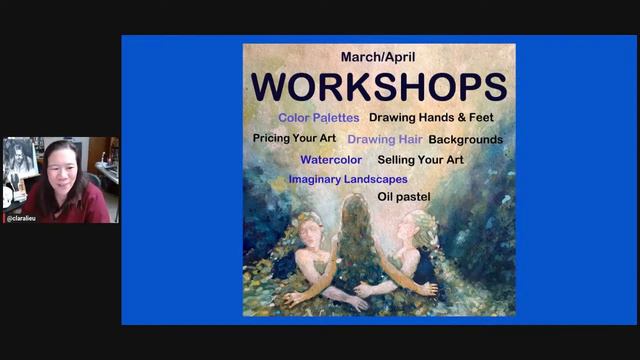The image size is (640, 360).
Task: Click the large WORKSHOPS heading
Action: pos(379,86)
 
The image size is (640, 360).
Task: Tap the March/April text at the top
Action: pos(379,57)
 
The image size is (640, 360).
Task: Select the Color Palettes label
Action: pos(319,118)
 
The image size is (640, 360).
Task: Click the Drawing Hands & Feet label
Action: pos(431,118)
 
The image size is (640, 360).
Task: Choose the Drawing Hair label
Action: pos(385,139)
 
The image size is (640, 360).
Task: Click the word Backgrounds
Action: pos(465,139)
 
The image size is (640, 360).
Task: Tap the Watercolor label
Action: pos(331,159)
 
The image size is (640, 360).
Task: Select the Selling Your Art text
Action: pos(420,159)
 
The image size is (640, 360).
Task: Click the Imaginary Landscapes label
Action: pos(347,179)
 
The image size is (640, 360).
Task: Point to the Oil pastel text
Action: pos(404,197)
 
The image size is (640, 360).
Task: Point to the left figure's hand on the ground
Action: pos(293,297)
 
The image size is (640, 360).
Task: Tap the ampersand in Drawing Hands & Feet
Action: pos(465,118)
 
